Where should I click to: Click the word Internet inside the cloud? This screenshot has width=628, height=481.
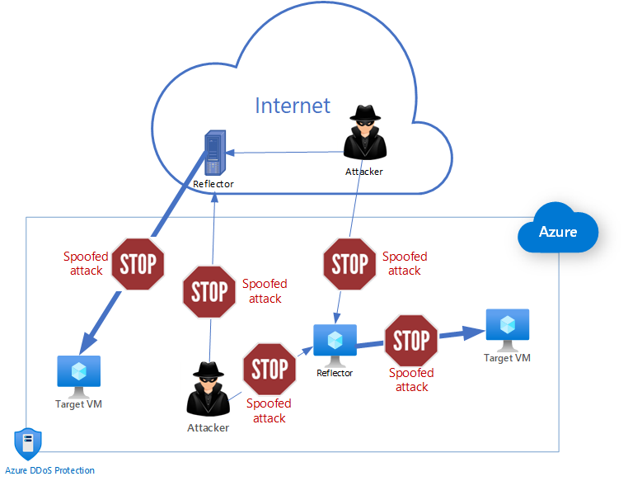(293, 106)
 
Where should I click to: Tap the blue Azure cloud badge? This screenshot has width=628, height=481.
(558, 232)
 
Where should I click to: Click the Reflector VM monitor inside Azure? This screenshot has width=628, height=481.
(335, 344)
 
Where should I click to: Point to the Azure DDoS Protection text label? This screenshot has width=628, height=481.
(50, 470)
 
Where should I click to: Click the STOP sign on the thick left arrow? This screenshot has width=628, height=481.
(138, 264)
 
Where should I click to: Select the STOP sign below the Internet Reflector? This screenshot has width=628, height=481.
(209, 291)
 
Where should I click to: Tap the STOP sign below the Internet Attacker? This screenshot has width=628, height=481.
(349, 264)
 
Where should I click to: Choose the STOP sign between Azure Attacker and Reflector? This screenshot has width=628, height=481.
(269, 369)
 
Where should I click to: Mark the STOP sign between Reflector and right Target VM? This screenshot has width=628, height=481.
(411, 339)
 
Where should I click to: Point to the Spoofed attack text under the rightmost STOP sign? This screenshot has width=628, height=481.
(411, 380)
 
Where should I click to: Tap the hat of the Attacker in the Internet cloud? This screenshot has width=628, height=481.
(363, 114)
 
